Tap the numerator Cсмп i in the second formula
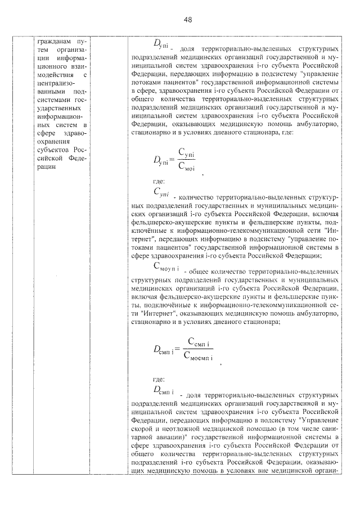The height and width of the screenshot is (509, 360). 199,341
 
